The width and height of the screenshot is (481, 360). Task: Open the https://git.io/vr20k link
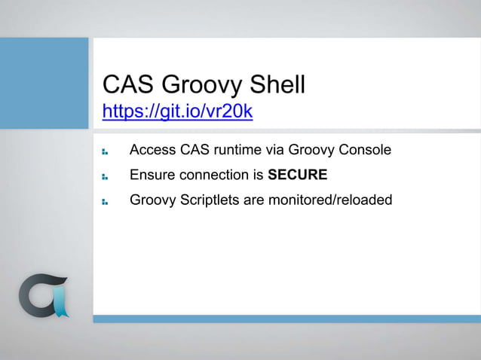click(177, 112)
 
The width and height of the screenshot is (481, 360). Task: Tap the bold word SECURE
click(298, 175)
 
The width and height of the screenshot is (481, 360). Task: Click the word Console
click(365, 150)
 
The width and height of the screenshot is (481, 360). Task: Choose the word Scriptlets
click(210, 200)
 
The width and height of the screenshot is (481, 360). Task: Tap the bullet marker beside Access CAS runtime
click(106, 151)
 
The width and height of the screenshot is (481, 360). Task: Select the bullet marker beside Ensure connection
click(106, 177)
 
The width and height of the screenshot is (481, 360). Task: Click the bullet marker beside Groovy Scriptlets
click(106, 202)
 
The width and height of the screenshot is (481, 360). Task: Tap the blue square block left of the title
click(44, 72)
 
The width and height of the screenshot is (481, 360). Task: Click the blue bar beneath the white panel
click(286, 319)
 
